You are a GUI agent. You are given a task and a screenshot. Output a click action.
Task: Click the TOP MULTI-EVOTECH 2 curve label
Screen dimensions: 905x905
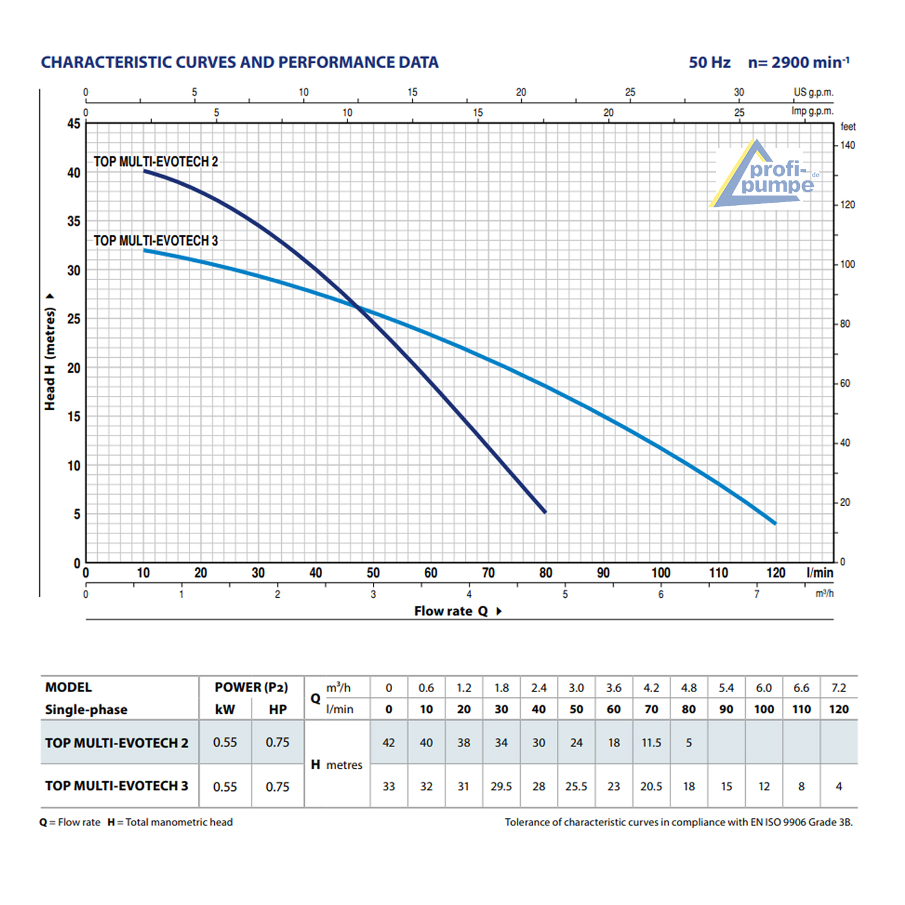pyautogui.click(x=156, y=162)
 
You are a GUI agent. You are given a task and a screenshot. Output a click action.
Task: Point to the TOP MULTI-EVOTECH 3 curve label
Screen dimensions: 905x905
pyautogui.click(x=156, y=241)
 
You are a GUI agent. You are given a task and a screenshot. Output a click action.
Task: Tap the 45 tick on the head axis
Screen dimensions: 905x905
pyautogui.click(x=74, y=124)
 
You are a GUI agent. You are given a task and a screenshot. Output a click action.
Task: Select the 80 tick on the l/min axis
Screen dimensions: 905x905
pyautogui.click(x=545, y=573)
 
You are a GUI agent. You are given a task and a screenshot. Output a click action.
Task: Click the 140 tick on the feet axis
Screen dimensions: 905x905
pyautogui.click(x=847, y=145)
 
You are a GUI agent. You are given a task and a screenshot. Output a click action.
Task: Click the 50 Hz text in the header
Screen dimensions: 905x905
pyautogui.click(x=710, y=63)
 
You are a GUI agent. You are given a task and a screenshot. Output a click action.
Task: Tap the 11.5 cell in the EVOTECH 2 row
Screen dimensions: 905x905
pyautogui.click(x=651, y=743)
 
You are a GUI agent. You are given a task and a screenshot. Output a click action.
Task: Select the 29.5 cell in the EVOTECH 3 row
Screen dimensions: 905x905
pyautogui.click(x=501, y=786)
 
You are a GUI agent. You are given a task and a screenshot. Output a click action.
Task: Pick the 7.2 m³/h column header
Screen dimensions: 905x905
pyautogui.click(x=839, y=688)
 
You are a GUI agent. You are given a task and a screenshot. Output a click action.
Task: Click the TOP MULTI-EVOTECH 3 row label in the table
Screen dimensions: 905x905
pyautogui.click(x=116, y=786)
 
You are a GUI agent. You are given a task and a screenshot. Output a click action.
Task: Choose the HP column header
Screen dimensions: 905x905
pyautogui.click(x=278, y=710)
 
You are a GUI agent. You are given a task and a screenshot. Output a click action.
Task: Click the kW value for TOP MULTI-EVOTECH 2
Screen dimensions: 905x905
pyautogui.click(x=225, y=742)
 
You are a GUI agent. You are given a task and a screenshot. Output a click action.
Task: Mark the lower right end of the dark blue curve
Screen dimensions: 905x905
pyautogui.click(x=545, y=512)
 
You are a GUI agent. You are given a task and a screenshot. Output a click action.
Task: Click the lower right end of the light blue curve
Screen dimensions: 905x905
pyautogui.click(x=775, y=523)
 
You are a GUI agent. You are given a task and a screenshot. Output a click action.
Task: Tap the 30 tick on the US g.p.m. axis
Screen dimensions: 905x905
pyautogui.click(x=739, y=92)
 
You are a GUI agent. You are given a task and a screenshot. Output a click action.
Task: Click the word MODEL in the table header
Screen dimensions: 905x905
pyautogui.click(x=69, y=687)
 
